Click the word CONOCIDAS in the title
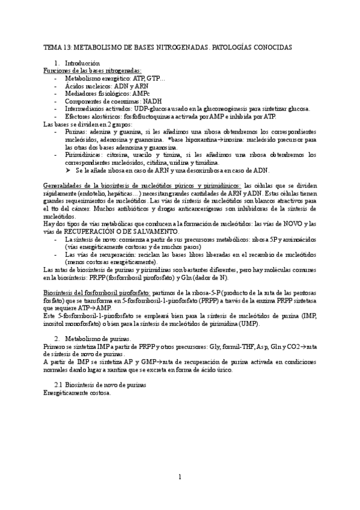[x=272, y=46]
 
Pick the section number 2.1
[x=58, y=384]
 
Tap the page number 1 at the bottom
[x=180, y=478]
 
